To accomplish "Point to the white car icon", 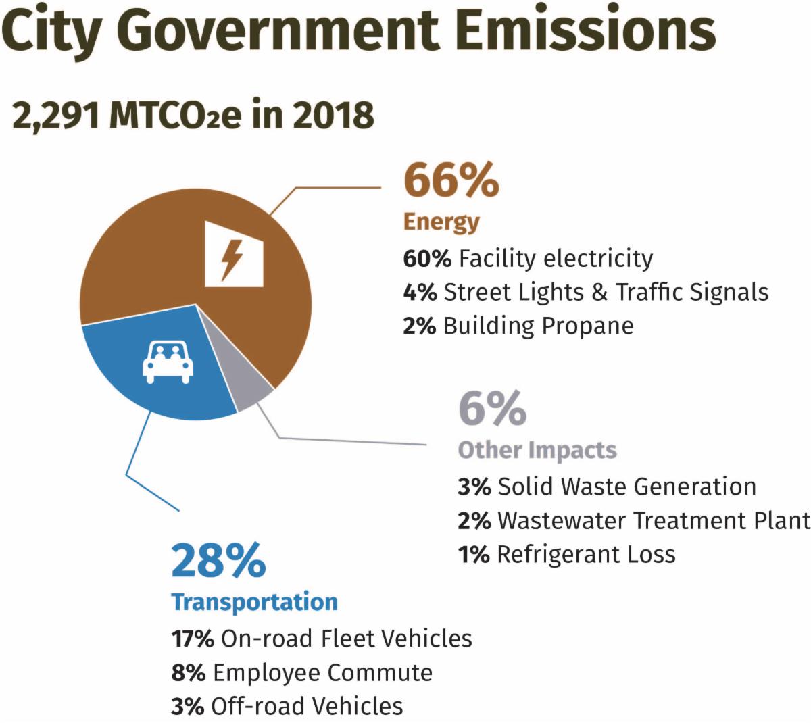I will pyautogui.click(x=168, y=363).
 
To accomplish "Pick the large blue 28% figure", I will pyautogui.click(x=218, y=560).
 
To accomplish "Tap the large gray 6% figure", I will pyautogui.click(x=492, y=408).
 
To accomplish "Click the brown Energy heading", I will pyautogui.click(x=441, y=222).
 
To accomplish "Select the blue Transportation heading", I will pyautogui.click(x=254, y=602).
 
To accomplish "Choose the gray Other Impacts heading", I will pyautogui.click(x=537, y=450).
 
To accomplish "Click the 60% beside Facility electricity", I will pyautogui.click(x=426, y=258).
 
